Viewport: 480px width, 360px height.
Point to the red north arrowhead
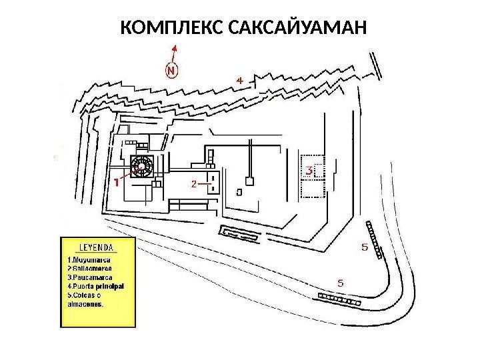pos(175,47)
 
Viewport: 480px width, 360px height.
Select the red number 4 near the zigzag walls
pos(241,80)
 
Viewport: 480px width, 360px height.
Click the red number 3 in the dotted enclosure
pos(311,171)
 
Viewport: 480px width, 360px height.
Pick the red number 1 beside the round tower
pos(117,181)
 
